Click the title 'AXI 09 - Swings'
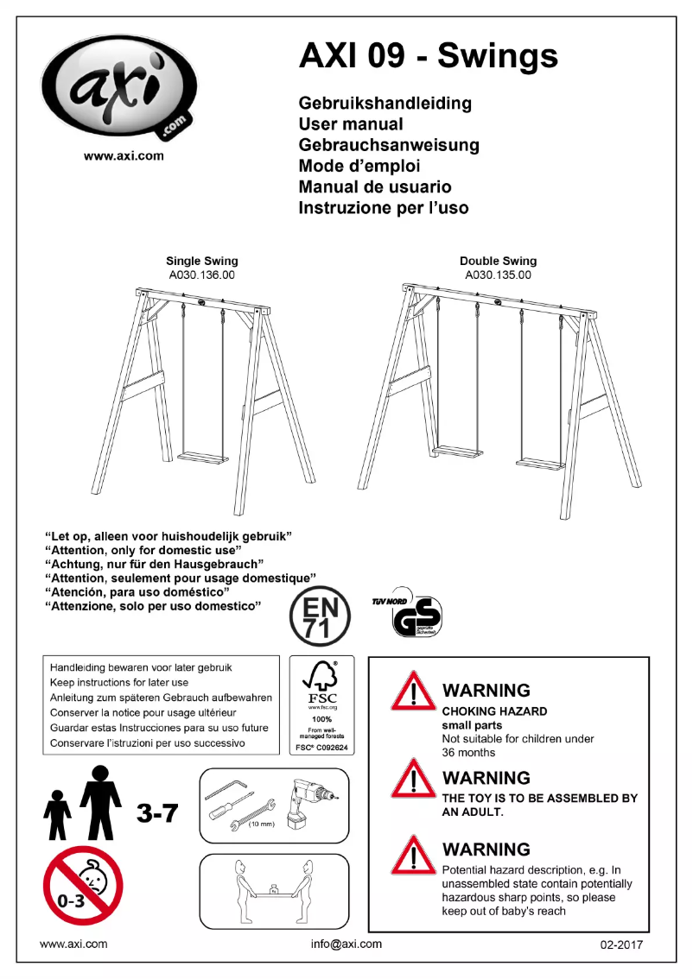[x=428, y=56]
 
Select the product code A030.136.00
[x=202, y=275]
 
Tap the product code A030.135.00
[x=498, y=275]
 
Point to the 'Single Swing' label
[x=202, y=261]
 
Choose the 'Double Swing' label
[x=498, y=261]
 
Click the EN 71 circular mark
[x=319, y=615]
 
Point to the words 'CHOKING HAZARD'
[x=494, y=711]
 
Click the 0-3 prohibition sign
[x=83, y=885]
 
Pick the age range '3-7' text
[x=157, y=812]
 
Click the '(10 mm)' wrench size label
[x=262, y=825]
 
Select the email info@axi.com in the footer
[x=346, y=944]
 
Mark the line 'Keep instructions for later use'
[x=119, y=682]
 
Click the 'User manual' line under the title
[x=351, y=124]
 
